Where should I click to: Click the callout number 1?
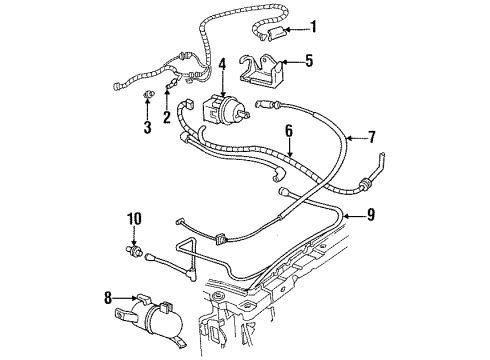tap(313, 27)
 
